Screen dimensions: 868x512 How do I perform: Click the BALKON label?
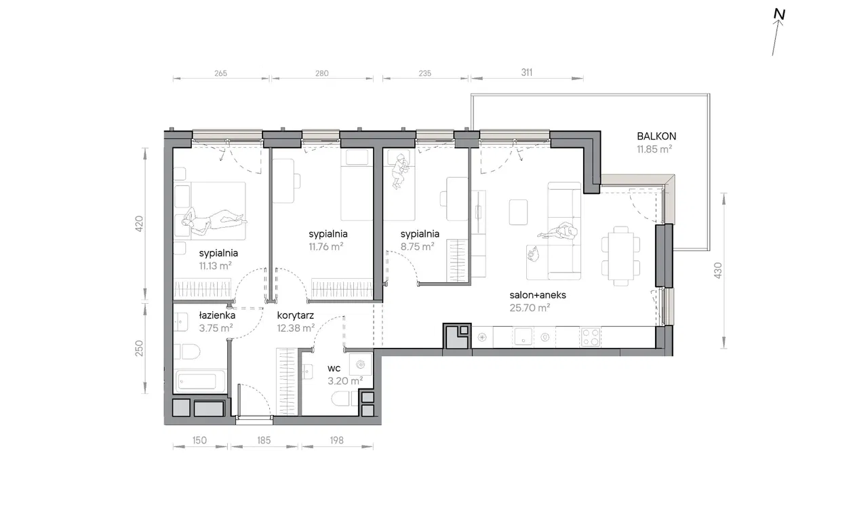click(656, 136)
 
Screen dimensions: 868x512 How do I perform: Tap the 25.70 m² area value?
click(530, 308)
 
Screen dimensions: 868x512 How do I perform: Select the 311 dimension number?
click(527, 73)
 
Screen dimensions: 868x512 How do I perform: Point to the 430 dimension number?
click(718, 270)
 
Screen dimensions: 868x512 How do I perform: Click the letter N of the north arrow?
click(779, 14)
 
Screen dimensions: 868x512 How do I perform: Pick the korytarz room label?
click(295, 316)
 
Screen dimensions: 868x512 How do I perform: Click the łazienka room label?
click(217, 315)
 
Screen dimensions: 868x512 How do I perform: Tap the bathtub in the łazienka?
click(199, 381)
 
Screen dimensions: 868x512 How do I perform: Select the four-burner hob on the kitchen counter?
click(590, 337)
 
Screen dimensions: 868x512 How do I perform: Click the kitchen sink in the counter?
click(523, 336)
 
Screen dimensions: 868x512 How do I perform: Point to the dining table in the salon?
click(620, 256)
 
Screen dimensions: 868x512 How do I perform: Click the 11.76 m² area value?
click(326, 246)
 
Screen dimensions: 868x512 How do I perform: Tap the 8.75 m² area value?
click(417, 246)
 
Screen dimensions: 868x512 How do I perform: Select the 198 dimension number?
click(337, 440)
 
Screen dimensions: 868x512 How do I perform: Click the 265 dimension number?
click(220, 73)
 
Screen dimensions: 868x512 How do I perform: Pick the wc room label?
click(334, 368)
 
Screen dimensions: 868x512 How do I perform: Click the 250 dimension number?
click(139, 349)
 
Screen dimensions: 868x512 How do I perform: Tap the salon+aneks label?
click(538, 295)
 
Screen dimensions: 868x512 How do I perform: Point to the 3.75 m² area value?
click(216, 328)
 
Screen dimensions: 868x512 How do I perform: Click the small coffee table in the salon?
click(518, 212)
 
